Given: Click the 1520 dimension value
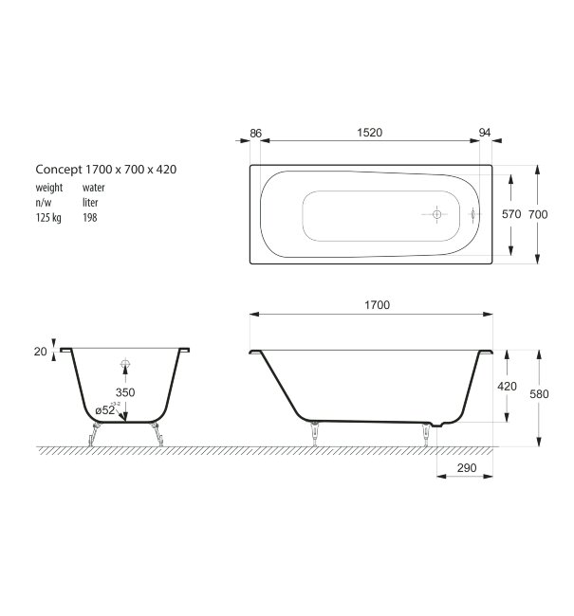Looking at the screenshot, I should coord(370,134).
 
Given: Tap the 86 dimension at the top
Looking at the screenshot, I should coord(255,134).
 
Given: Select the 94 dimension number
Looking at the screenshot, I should coord(485,134).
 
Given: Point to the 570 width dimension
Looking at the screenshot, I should coord(511,215).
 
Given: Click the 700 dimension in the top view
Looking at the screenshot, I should coord(538,215).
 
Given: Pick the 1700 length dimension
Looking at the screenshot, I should coord(376,306).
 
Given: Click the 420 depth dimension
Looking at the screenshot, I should coord(507,387).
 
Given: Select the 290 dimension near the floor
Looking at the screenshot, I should coord(465,468).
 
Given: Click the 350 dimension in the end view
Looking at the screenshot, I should coord(125,391).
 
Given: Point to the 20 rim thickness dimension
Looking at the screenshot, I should coord(40,352).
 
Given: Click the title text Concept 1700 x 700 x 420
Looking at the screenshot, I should coord(106,169).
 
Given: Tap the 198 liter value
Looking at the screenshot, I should coord(90,217).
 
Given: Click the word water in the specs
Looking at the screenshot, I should coord(93,188).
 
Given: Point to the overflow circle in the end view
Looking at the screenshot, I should coord(124,364).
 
